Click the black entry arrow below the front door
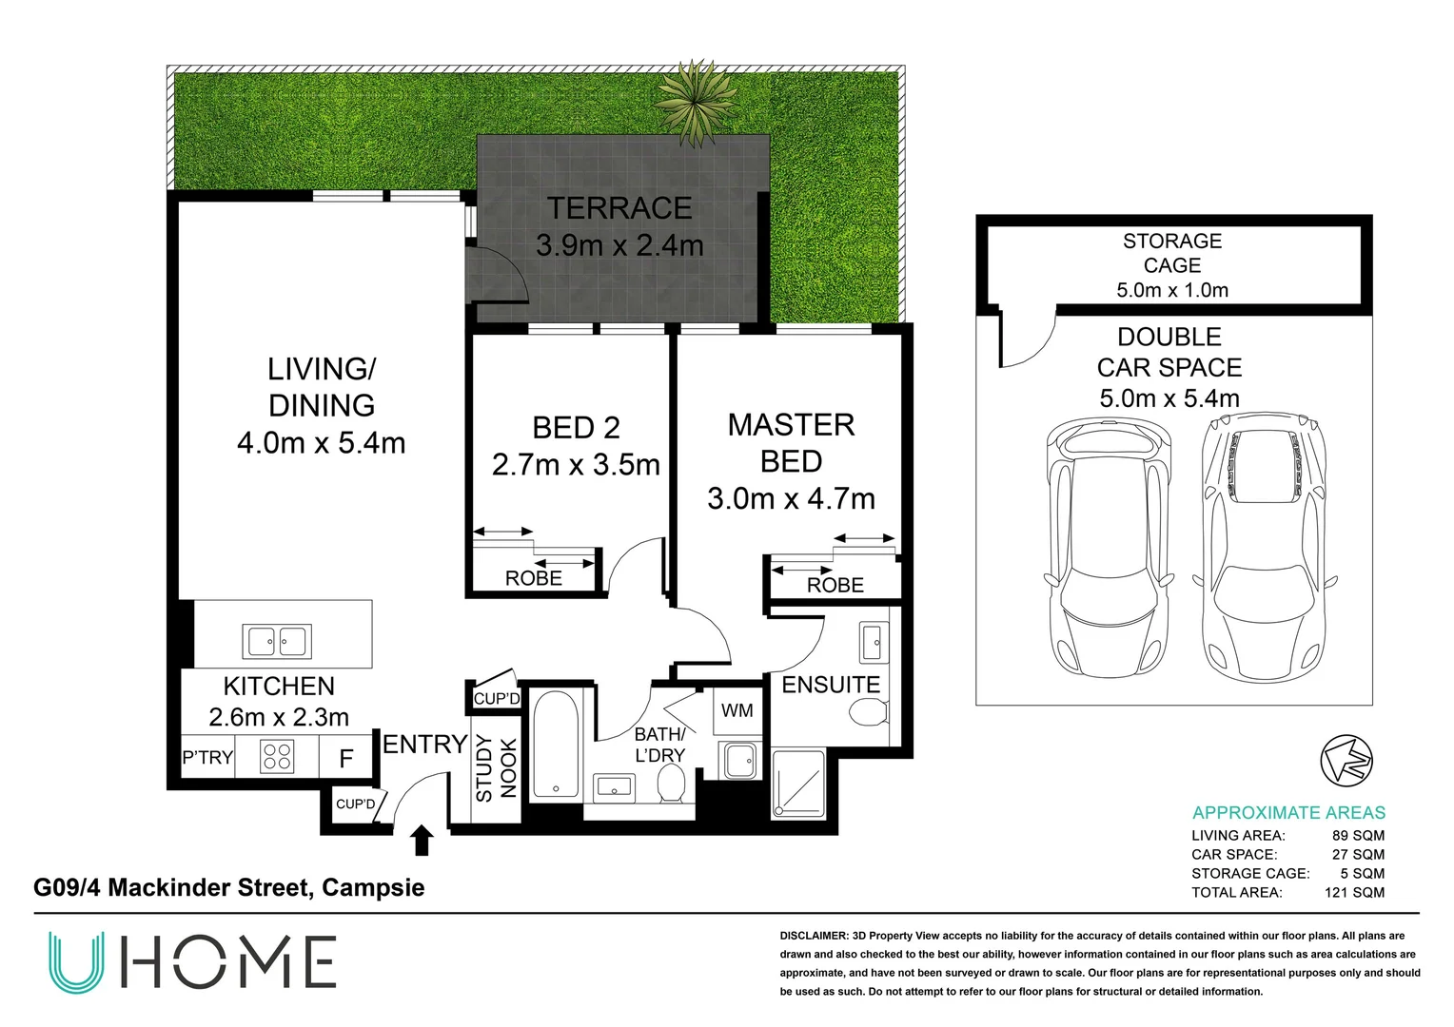coord(422,840)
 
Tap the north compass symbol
coord(1346,761)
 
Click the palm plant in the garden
coord(697,104)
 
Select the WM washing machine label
coord(737,710)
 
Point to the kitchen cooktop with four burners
coord(277,757)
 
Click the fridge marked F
coord(346,757)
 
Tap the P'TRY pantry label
coord(207,757)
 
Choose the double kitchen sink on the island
coord(277,641)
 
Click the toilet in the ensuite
coord(869,712)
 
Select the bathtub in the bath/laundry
coord(556,744)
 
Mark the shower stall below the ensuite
coord(799,784)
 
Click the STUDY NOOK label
coord(497,768)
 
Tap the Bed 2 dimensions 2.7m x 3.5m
coord(576,464)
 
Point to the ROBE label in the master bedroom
coord(835,585)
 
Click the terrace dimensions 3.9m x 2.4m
coord(619,245)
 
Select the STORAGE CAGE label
coord(1172,253)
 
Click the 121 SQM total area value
coord(1354,892)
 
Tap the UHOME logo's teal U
coord(76,962)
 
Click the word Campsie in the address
coord(373,887)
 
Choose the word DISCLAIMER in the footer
coord(814,936)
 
